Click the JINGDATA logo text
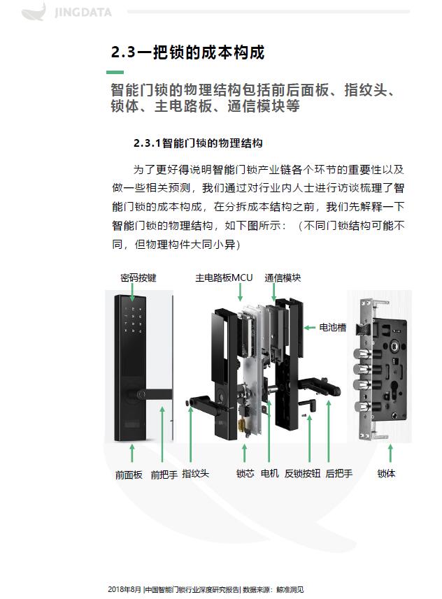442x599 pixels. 83,13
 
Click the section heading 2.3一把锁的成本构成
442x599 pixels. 187,52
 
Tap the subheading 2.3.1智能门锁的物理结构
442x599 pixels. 198,143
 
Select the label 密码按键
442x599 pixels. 138,277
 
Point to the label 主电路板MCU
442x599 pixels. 224,277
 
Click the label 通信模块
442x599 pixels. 283,277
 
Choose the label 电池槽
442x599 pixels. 333,327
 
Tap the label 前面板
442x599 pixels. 129,475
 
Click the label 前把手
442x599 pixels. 164,475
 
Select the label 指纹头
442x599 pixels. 195,474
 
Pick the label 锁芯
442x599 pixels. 245,474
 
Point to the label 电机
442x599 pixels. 269,474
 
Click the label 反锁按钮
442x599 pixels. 302,474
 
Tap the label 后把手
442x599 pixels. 339,474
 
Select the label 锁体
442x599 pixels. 386,474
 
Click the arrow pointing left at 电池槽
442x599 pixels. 310,327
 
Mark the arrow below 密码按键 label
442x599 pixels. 132,294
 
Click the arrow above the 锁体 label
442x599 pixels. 390,454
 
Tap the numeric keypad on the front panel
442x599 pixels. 133,319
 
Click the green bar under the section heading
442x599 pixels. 115,72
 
